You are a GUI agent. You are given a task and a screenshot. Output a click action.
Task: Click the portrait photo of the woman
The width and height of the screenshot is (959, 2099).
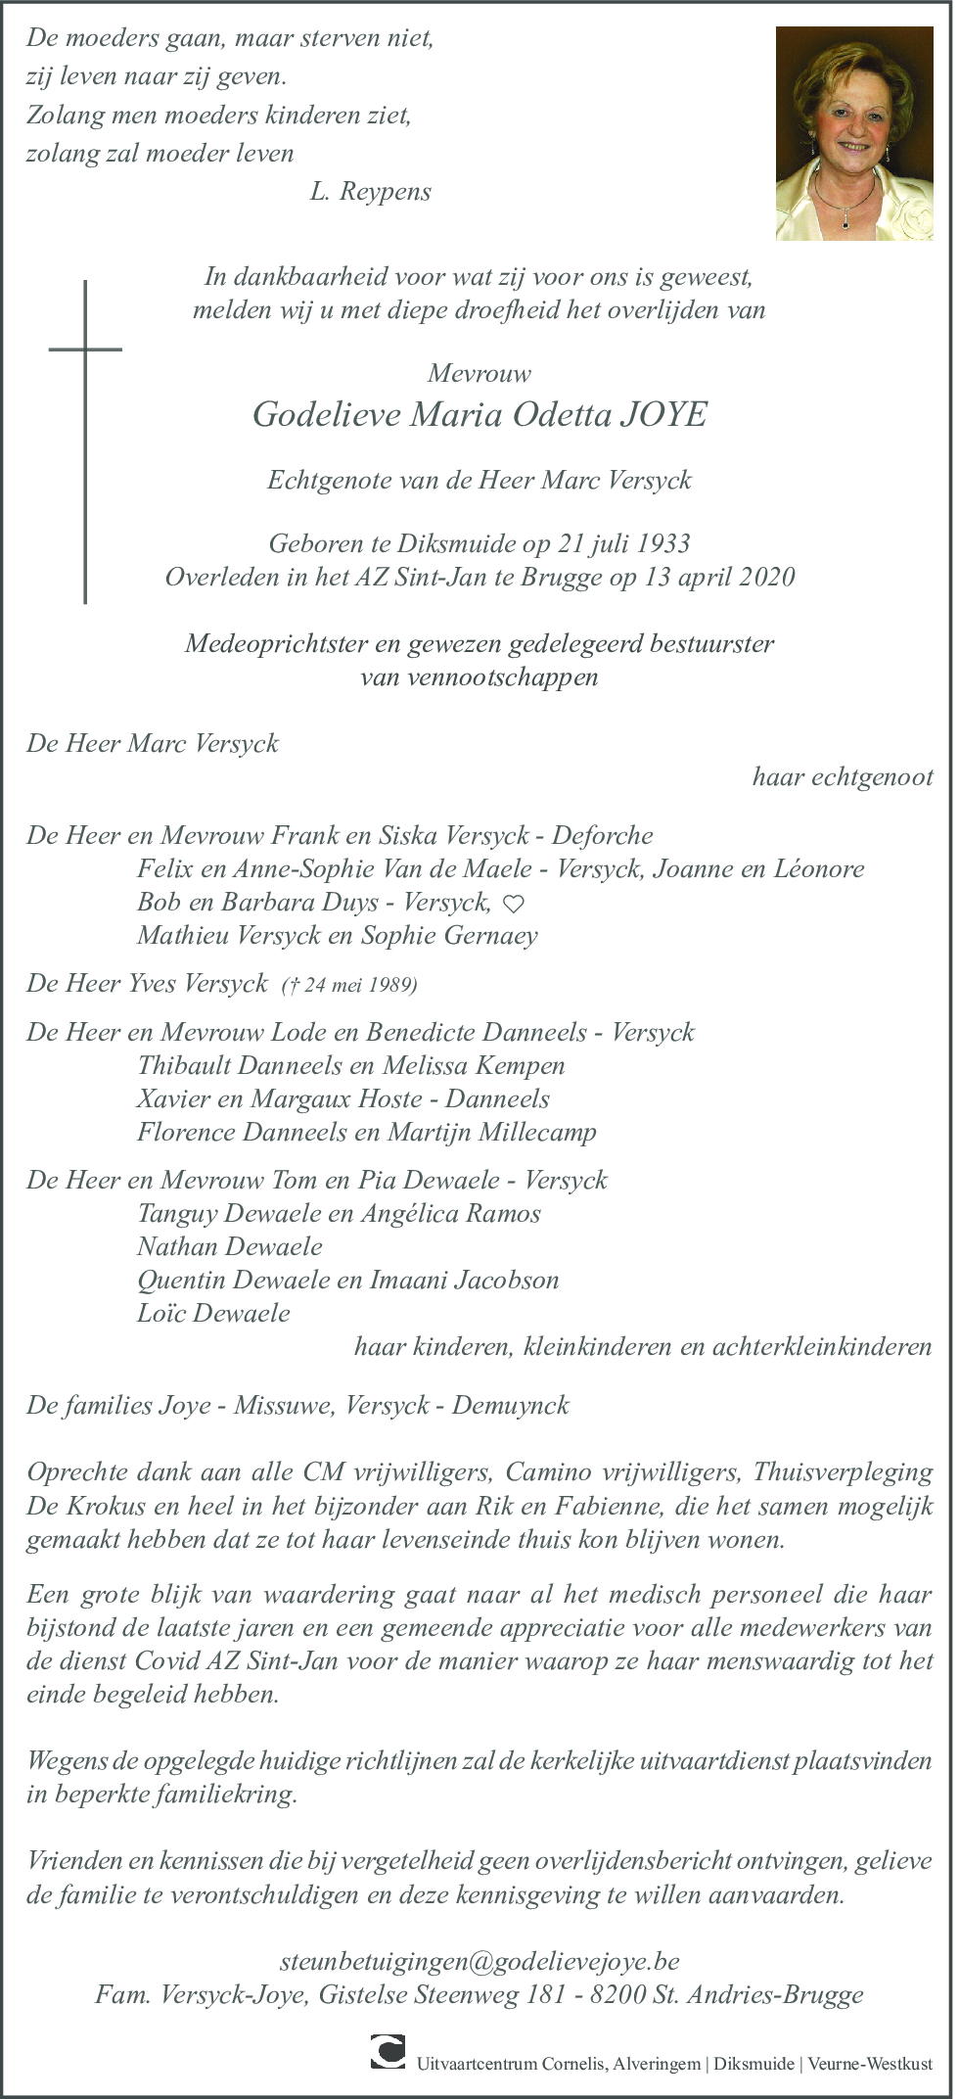(853, 133)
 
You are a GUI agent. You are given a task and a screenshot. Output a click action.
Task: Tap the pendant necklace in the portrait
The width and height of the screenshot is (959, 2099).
(847, 220)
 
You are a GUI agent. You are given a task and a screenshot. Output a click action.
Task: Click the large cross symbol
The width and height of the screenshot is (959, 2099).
(86, 441)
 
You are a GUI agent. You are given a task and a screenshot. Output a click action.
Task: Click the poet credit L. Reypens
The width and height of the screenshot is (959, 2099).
(370, 191)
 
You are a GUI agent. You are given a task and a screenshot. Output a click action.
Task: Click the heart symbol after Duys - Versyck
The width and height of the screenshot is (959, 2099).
(513, 904)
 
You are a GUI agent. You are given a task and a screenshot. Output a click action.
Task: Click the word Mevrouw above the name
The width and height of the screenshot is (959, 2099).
(479, 373)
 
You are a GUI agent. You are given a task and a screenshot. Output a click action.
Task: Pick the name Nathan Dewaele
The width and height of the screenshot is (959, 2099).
(230, 1246)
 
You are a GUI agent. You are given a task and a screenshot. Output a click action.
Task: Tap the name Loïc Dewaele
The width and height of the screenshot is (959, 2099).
(213, 1313)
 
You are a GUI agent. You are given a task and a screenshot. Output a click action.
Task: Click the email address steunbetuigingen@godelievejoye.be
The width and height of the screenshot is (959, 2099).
(479, 1961)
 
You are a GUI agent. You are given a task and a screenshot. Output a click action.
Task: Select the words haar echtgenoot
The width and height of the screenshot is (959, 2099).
(843, 777)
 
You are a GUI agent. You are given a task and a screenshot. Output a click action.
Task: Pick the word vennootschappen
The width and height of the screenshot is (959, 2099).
(479, 676)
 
